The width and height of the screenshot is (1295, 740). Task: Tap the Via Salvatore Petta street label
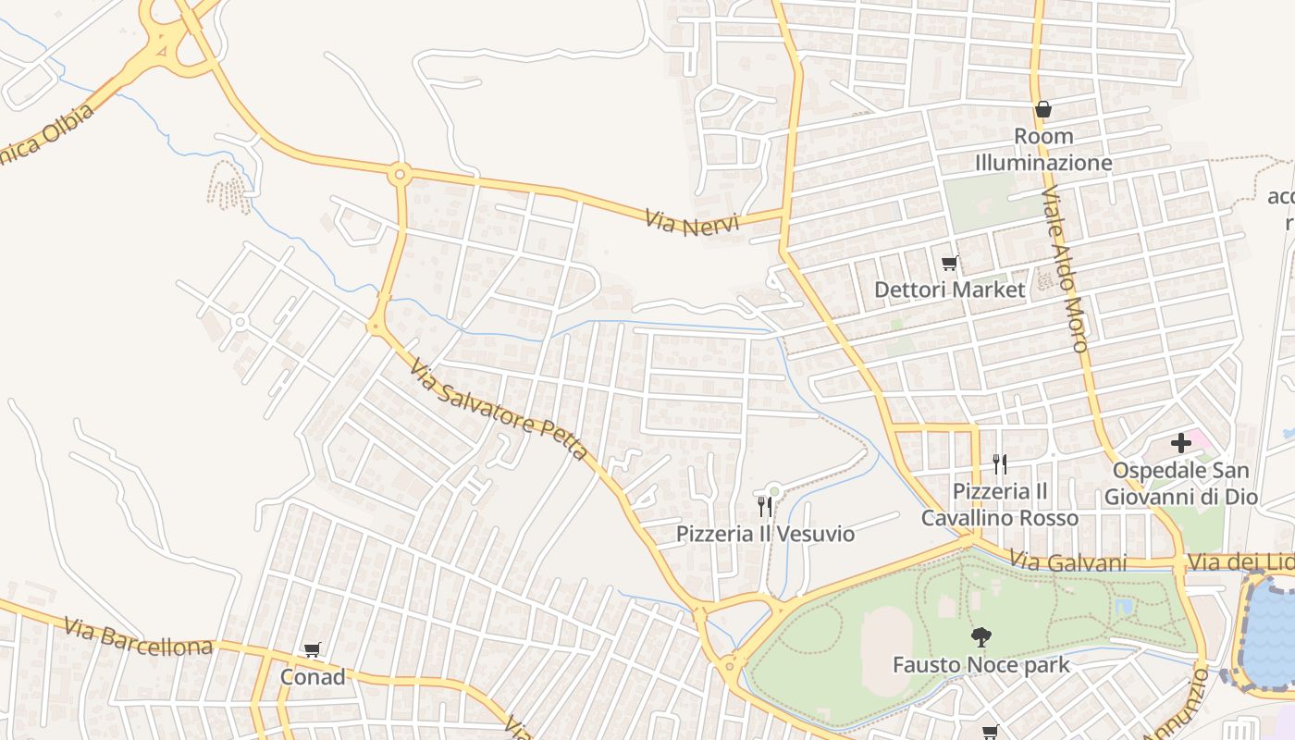(498, 410)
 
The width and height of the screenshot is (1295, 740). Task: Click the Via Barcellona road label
(139, 637)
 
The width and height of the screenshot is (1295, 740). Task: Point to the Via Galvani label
(1067, 562)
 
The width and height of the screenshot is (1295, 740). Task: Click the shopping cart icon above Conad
(312, 651)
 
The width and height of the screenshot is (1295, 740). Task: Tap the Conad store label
(313, 677)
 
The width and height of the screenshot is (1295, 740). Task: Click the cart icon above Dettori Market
(949, 264)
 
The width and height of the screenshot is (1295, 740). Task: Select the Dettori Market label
(950, 290)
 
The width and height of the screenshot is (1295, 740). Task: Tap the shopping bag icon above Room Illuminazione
(1043, 109)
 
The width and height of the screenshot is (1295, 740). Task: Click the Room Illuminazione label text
(1043, 150)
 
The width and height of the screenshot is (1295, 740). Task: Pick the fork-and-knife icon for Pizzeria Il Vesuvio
(764, 507)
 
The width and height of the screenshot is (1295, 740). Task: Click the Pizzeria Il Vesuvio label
(765, 534)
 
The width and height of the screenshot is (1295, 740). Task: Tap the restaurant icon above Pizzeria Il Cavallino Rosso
(999, 464)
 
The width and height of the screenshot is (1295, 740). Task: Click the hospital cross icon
(1181, 443)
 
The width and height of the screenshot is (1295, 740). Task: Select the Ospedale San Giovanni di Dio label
(1181, 484)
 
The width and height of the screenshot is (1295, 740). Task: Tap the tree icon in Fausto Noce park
(980, 637)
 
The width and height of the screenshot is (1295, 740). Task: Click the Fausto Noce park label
(980, 664)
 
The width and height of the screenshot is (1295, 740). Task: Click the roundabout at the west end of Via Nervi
(400, 173)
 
